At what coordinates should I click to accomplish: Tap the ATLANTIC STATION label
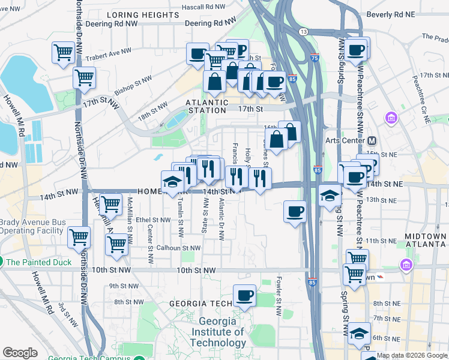click(208, 106)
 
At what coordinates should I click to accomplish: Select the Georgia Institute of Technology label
click(218, 332)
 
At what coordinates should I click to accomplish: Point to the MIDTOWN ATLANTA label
click(425, 241)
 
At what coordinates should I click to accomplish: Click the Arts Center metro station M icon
click(372, 141)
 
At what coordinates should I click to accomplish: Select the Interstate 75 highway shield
click(315, 58)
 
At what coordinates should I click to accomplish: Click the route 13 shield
click(304, 31)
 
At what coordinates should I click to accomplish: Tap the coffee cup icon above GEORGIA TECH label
click(244, 295)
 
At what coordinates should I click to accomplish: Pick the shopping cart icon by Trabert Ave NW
click(63, 52)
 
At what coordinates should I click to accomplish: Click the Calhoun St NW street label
click(178, 248)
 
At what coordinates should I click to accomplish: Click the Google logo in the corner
click(20, 353)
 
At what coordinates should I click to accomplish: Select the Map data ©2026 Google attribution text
click(412, 355)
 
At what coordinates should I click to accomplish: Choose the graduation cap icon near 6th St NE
click(360, 334)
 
